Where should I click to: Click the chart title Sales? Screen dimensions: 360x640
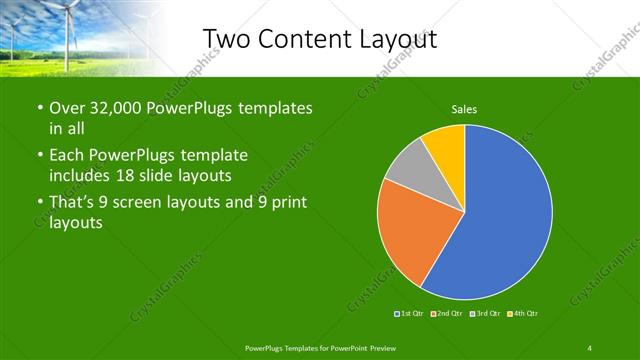coord(464,108)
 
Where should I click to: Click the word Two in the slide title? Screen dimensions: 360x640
coord(228,37)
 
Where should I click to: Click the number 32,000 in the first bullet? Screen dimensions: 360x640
coord(111,108)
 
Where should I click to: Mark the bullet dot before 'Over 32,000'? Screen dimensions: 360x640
coord(39,108)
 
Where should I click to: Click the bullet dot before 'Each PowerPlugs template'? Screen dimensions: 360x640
coord(39,156)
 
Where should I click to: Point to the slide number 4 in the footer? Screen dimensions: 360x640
coord(590,347)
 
